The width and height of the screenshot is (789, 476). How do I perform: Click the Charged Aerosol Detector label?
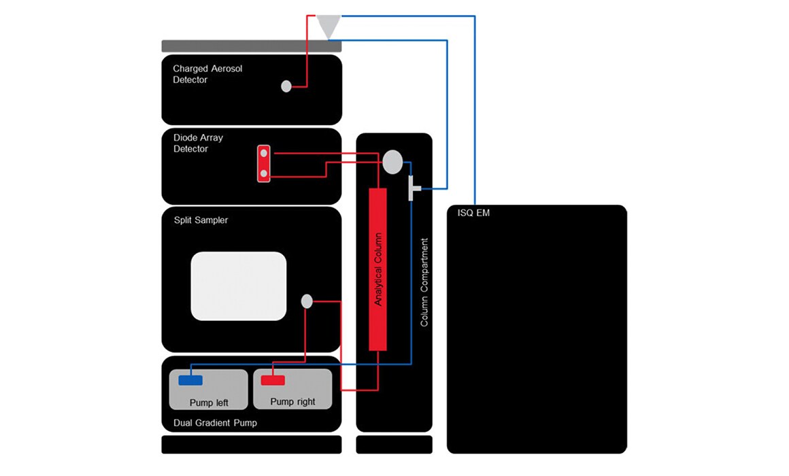coord(207,74)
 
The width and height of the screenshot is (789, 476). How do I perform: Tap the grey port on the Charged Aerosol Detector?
coord(286,86)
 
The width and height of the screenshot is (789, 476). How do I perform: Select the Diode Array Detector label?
coord(198,143)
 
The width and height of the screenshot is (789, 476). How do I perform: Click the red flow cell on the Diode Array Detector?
coord(264,163)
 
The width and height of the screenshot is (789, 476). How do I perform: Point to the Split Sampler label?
coord(201,220)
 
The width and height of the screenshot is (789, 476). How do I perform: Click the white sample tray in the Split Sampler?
coord(239,286)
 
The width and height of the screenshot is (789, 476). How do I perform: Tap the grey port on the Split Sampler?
coord(307,301)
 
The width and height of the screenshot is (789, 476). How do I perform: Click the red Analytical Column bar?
coord(378,269)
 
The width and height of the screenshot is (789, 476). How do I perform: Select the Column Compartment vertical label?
coord(424,282)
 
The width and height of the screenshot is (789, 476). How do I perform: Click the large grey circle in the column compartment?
coord(392,162)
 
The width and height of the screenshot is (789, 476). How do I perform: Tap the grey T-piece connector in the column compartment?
coord(414,188)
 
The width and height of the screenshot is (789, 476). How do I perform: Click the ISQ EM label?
coord(473,213)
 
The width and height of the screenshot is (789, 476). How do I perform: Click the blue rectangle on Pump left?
coord(190,380)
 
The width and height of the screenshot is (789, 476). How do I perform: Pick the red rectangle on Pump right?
coord(273,380)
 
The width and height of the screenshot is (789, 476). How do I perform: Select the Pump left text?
coord(209,403)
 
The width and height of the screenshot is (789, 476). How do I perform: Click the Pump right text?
coord(293,401)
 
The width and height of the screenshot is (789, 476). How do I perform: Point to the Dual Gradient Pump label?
coord(215,423)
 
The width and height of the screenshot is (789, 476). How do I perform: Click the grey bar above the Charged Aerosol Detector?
coord(252,46)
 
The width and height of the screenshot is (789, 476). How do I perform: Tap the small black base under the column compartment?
coord(394,445)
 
